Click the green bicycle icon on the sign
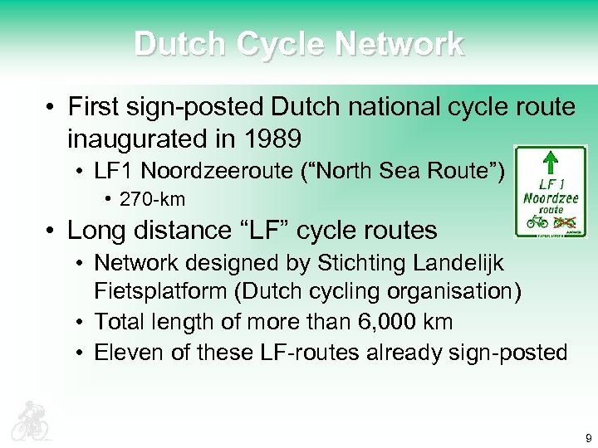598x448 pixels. click(537, 222)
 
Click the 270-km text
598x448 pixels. click(153, 199)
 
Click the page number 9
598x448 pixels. click(588, 437)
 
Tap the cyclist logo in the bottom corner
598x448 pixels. click(30, 421)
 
